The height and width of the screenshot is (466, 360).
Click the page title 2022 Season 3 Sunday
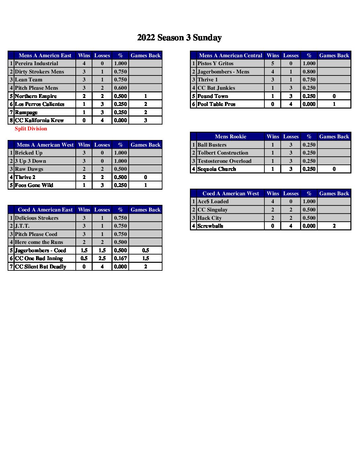pos(179,38)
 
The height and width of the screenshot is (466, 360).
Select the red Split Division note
pos(31,129)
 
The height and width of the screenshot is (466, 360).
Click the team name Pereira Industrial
pos(36,64)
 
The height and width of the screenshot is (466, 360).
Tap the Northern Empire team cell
pos(36,96)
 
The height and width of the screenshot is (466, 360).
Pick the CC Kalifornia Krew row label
pos(39,120)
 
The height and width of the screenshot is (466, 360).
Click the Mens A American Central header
pos(230,56)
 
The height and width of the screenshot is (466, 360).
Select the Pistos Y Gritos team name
pos(215,64)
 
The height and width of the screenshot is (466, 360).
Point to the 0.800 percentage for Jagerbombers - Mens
pos(309,72)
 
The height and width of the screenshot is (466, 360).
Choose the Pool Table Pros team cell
pos(216,104)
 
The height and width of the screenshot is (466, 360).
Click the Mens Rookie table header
pos(230,137)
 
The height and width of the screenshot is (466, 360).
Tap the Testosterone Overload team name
pos(224,161)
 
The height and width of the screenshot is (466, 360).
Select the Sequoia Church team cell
pos(217,169)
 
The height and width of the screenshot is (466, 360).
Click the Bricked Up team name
pos(29,153)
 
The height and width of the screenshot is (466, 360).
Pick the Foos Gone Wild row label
pos(34,185)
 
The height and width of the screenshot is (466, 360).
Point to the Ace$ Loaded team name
pos(213,202)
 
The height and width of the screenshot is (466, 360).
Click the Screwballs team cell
pos(210,226)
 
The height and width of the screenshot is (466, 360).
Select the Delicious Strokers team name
pos(37,218)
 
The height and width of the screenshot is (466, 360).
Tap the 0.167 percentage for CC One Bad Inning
pos(120,258)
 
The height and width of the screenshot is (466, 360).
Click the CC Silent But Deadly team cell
pos(41,267)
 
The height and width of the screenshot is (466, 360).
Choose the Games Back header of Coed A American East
pos(145,210)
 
